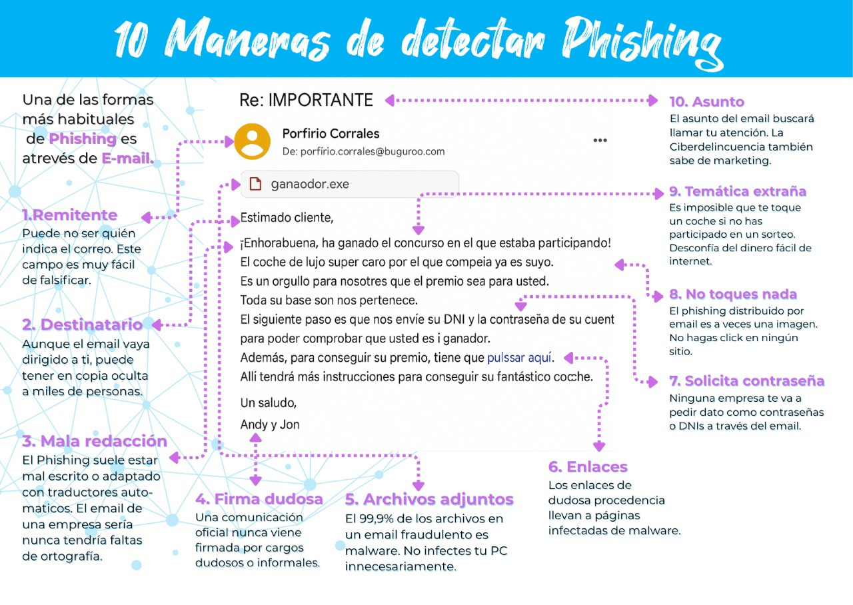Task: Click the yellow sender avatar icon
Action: point(253,141)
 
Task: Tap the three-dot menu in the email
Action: point(600,141)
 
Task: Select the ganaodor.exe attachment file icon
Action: point(255,184)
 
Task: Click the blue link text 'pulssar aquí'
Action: point(520,357)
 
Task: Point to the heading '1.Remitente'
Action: point(69,215)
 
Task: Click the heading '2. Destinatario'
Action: point(82,324)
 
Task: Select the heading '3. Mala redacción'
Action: point(94,441)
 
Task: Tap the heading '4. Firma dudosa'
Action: point(259,499)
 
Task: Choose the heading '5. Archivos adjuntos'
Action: point(429,500)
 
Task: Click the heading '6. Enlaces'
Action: point(588,466)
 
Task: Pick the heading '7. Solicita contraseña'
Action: point(746,381)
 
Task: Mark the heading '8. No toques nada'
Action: point(733,295)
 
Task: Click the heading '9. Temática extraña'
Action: point(738,192)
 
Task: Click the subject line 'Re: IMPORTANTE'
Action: point(306,100)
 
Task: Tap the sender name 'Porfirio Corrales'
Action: point(331,134)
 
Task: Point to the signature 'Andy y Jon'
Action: point(269,424)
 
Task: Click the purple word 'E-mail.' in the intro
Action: point(127,159)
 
